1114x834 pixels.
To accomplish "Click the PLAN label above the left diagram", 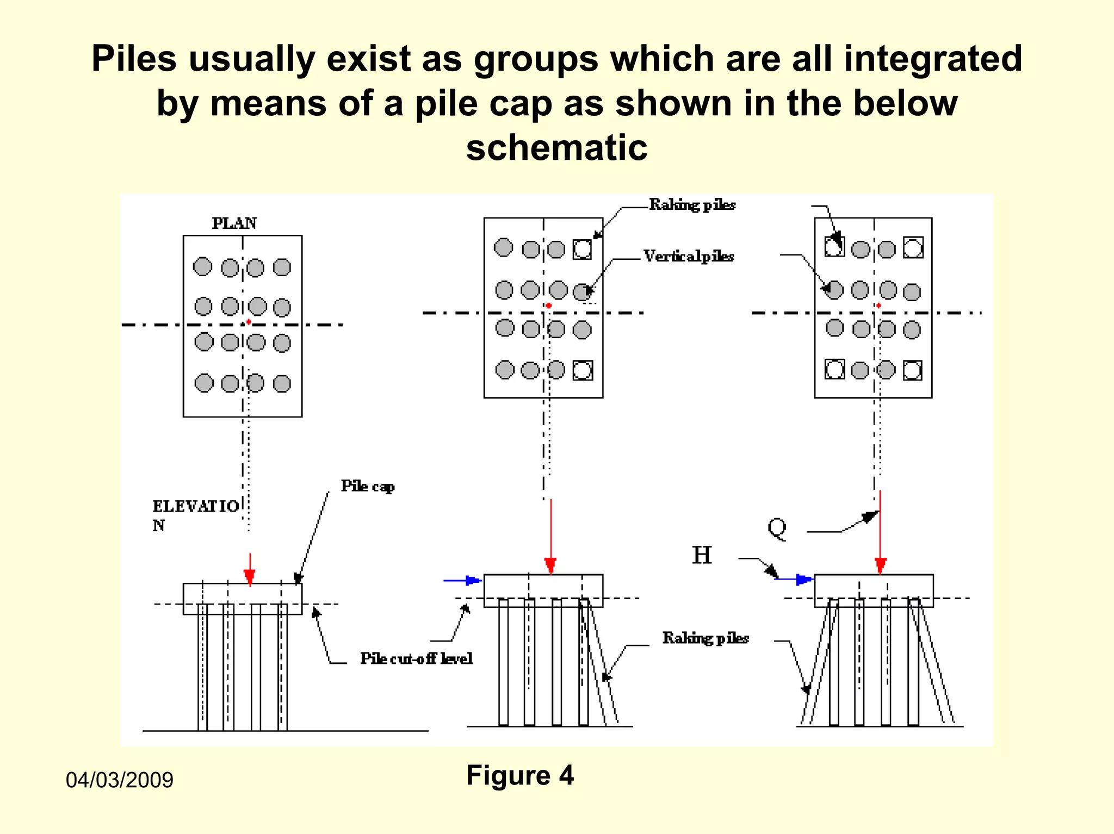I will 234,223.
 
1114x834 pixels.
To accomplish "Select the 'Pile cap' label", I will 368,486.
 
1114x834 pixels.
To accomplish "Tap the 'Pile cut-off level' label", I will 416,658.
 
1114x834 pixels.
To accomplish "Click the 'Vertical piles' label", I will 689,256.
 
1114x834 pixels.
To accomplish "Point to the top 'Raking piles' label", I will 692,205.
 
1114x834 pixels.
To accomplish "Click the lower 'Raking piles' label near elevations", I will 705,638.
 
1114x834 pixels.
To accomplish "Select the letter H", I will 702,555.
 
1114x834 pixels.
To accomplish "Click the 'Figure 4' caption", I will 520,775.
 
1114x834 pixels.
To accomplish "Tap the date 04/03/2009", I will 120,780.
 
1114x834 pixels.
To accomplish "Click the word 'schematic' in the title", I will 556,148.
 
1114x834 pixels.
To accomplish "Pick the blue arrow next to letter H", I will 794,580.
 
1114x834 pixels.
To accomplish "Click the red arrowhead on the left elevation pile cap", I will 250,576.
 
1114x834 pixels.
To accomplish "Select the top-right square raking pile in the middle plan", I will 582,249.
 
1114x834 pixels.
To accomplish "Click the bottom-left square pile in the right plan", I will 834,369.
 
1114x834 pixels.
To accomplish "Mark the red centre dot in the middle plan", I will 549,306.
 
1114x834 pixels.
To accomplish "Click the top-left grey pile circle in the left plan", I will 202,266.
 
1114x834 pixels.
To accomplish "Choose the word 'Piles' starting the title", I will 134,59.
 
